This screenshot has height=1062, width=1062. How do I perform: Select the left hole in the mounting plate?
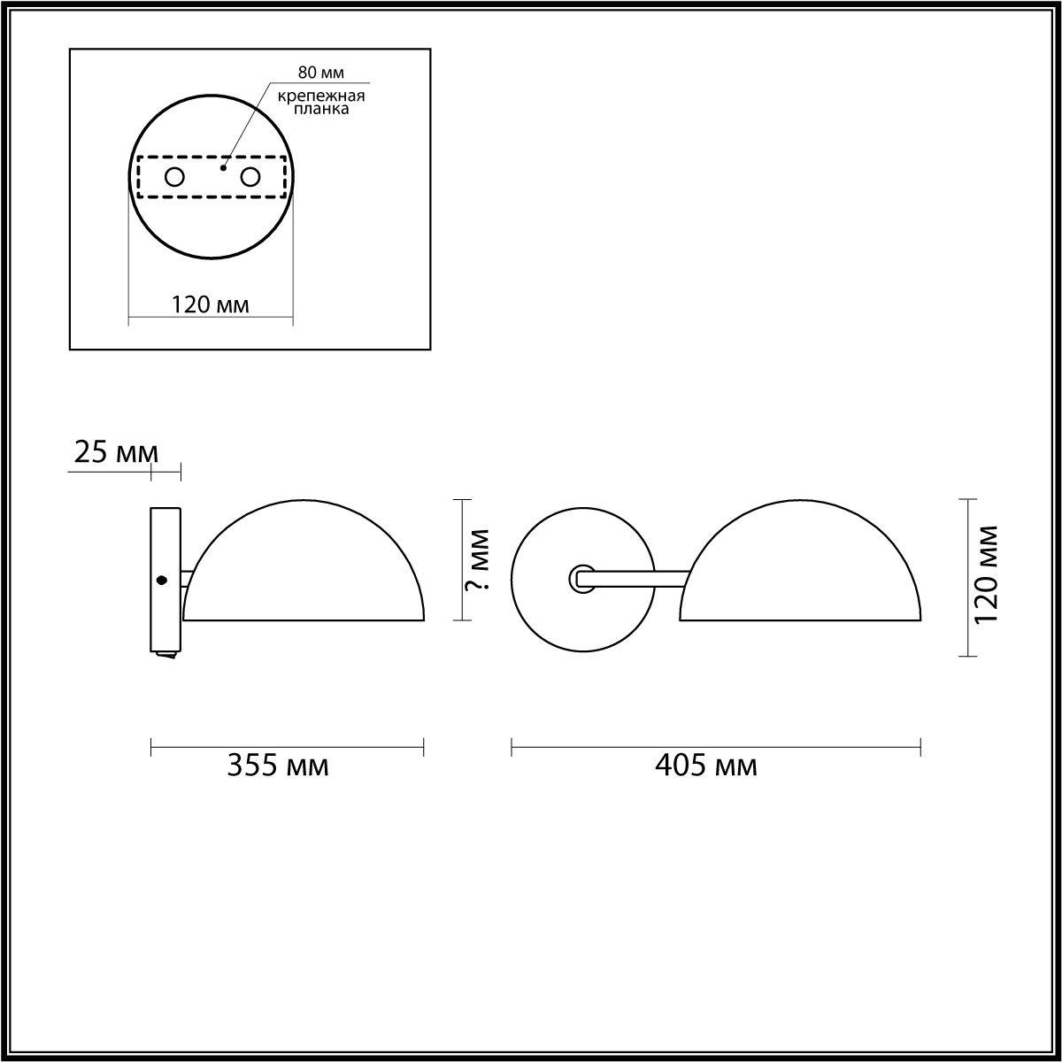tap(174, 177)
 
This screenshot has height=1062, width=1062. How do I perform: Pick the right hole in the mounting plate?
tap(250, 177)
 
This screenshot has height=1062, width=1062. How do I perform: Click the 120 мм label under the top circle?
tap(210, 305)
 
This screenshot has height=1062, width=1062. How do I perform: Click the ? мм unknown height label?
tap(477, 560)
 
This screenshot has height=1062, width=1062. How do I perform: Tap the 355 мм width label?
tap(278, 766)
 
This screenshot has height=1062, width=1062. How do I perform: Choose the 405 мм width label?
tap(705, 766)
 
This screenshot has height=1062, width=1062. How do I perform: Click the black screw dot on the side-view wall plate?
tap(161, 581)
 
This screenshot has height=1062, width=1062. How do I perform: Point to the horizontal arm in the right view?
tap(637, 579)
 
